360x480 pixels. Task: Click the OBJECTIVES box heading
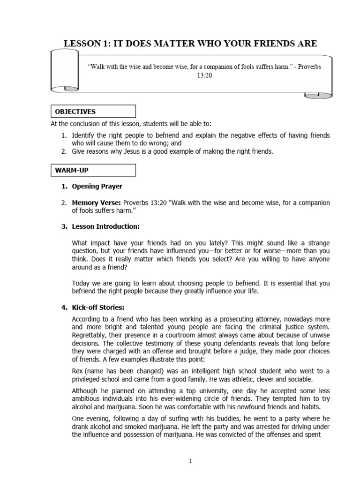tap(75, 112)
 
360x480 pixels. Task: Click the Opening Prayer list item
tap(97, 186)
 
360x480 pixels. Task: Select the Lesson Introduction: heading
tap(106, 226)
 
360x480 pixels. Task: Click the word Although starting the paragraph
tap(84, 391)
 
